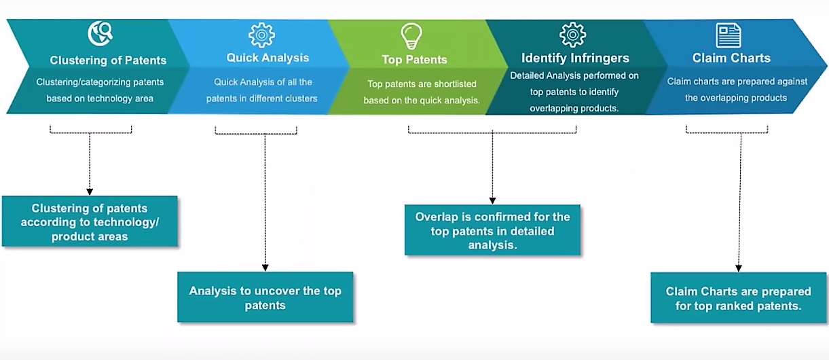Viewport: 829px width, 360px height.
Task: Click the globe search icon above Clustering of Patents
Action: tap(100, 33)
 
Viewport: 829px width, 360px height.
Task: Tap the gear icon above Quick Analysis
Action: tap(261, 35)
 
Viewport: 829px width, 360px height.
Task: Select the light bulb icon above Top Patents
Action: tap(411, 36)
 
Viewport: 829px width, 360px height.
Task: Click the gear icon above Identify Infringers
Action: tap(572, 35)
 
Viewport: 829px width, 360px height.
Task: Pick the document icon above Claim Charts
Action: tap(729, 35)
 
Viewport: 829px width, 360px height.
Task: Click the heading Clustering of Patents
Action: tap(108, 60)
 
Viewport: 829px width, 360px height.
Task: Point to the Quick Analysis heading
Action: tap(268, 58)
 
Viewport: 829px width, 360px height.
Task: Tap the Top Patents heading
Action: tap(414, 60)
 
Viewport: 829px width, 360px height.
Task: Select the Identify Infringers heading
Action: tap(575, 58)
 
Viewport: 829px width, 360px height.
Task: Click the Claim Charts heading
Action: tap(731, 58)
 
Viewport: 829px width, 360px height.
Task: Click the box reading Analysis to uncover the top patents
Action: tap(265, 297)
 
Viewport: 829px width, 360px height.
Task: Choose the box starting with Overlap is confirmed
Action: tap(493, 230)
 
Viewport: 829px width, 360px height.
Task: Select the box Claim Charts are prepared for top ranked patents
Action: tap(738, 298)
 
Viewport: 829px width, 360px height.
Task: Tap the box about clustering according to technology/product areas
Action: tap(90, 221)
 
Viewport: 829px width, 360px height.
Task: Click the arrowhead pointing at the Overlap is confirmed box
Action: tap(492, 201)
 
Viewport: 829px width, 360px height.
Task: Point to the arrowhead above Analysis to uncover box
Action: tap(265, 268)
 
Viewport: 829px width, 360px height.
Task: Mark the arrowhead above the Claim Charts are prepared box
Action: tap(738, 268)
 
